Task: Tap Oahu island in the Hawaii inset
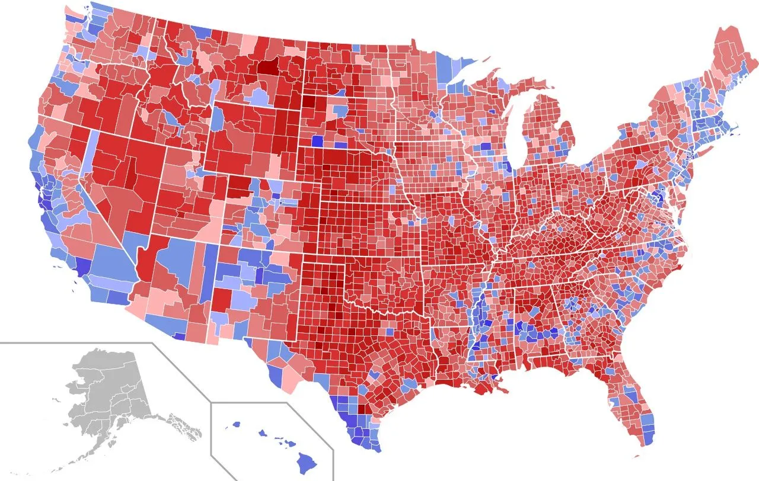tap(260, 433)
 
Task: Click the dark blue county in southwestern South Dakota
tap(318, 142)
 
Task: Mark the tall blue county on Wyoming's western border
tap(217, 118)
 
